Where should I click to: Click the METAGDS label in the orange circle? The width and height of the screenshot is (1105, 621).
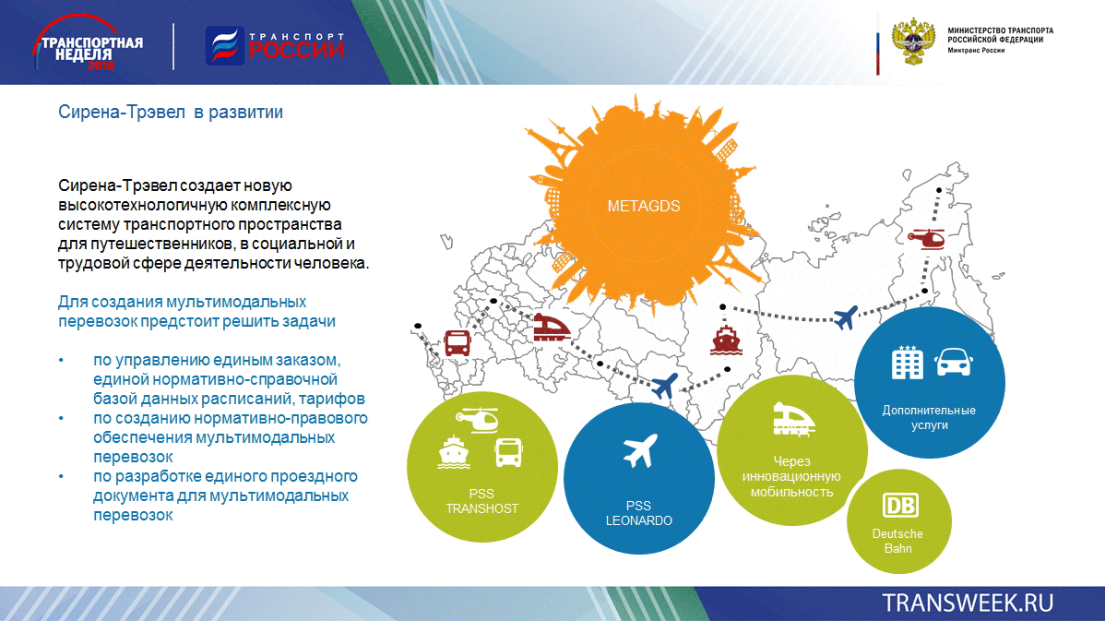click(644, 206)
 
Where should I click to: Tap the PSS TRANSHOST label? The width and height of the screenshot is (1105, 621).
click(482, 501)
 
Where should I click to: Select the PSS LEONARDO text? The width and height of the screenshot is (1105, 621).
click(638, 513)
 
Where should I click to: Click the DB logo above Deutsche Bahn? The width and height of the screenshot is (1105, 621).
click(900, 506)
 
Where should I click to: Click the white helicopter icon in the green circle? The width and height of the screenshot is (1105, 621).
click(478, 420)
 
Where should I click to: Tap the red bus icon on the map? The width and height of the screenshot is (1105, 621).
click(457, 343)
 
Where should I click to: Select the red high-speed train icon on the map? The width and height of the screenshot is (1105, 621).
click(551, 328)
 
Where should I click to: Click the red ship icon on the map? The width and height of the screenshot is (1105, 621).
click(726, 340)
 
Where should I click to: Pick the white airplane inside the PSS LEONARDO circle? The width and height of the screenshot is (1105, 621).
click(641, 450)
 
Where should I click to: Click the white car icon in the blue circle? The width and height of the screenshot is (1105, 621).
click(954, 363)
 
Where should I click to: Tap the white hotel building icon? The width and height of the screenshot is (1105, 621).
click(907, 363)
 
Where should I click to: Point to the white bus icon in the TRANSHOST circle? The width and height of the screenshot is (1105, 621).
click(508, 452)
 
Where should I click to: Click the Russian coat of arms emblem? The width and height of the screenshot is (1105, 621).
click(913, 42)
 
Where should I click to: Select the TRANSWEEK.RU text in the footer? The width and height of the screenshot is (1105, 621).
click(968, 603)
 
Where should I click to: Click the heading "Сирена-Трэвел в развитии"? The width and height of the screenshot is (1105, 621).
click(171, 112)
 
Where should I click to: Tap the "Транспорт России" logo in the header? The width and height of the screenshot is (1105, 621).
click(275, 46)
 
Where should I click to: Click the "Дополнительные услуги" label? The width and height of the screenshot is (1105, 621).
click(929, 417)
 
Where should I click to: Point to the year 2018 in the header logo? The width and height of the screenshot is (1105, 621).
click(101, 66)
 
